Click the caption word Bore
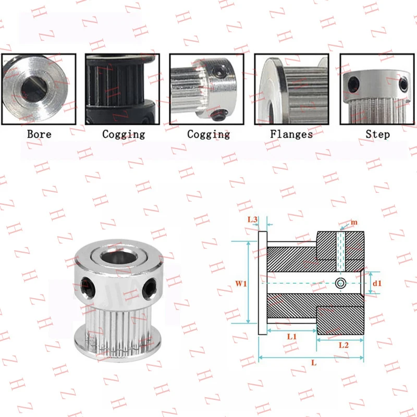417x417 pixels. pyautogui.click(x=40, y=134)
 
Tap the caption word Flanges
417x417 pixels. pyautogui.click(x=291, y=134)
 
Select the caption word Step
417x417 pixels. pyautogui.click(x=377, y=134)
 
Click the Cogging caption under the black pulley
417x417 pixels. pyautogui.click(x=124, y=134)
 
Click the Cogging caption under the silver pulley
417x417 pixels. pyautogui.click(x=208, y=134)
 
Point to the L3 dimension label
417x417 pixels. pyautogui.click(x=252, y=219)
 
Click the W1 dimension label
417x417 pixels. pyautogui.click(x=240, y=284)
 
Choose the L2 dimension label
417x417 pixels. pyautogui.click(x=344, y=345)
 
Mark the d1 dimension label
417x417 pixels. pyautogui.click(x=378, y=284)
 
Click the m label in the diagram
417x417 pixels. pyautogui.click(x=354, y=223)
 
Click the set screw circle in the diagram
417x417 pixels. pyautogui.click(x=340, y=283)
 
